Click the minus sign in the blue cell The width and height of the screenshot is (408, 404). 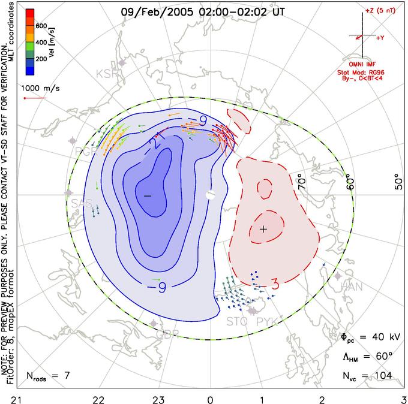[x=147, y=196]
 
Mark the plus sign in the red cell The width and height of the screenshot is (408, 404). [x=263, y=229]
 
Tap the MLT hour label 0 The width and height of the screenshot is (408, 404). [x=210, y=397]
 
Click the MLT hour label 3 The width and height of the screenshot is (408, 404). [x=403, y=397]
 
